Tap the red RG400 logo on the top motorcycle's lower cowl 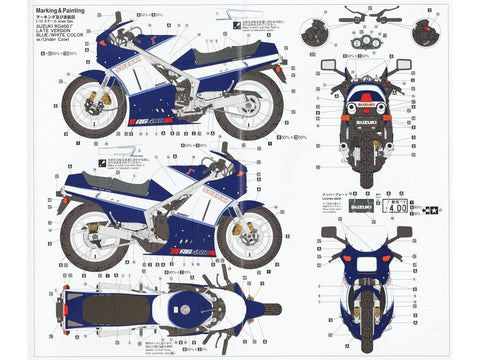pyautogui.click(x=175, y=120)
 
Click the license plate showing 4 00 pyautogui.click(x=395, y=209)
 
